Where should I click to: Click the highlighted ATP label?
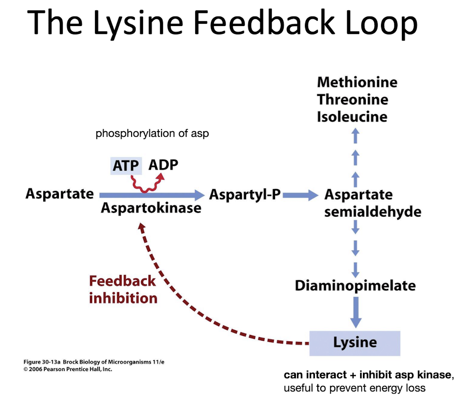126,166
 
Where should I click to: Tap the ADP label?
163,165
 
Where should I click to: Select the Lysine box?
354,343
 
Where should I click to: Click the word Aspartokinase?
151,208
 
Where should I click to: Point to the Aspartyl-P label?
245,195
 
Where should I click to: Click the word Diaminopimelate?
355,286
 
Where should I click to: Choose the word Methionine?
357,82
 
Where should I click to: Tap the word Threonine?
352,100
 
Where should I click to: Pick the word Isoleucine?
352,117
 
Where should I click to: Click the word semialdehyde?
373,212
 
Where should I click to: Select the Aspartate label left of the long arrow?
59,194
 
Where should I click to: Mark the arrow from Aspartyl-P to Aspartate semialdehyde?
301,195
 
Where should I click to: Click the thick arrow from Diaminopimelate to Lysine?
356,312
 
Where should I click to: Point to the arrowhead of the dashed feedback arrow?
141,226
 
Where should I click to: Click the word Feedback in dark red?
122,281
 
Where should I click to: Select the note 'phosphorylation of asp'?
152,133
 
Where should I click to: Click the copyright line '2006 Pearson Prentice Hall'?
68,370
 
